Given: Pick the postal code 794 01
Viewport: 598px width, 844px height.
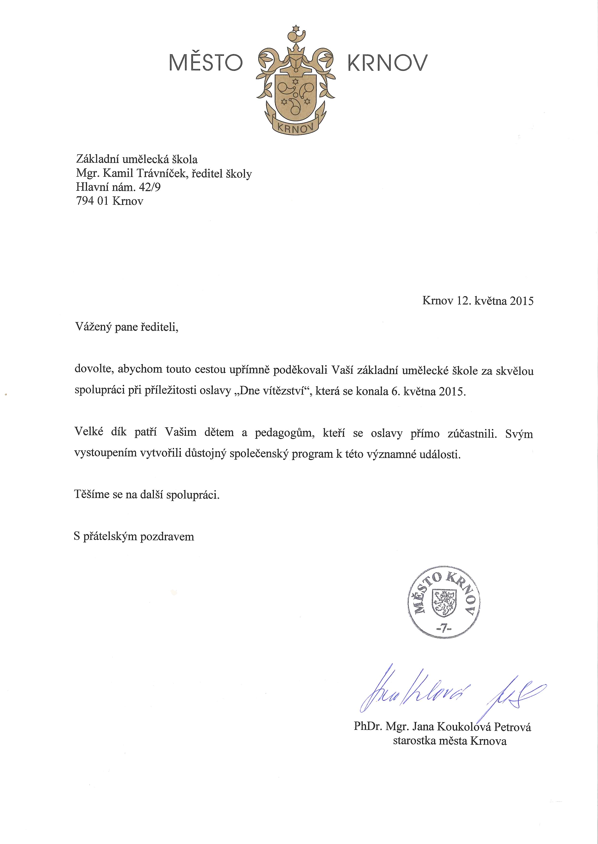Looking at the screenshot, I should (x=92, y=201).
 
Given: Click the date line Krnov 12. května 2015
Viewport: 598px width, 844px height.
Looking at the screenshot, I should (x=478, y=301).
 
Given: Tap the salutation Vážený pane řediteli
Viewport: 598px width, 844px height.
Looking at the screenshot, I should (x=127, y=327).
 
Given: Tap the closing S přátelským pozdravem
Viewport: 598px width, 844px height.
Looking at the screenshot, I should (x=134, y=536).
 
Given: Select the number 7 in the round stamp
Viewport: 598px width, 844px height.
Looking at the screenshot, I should (x=444, y=629).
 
